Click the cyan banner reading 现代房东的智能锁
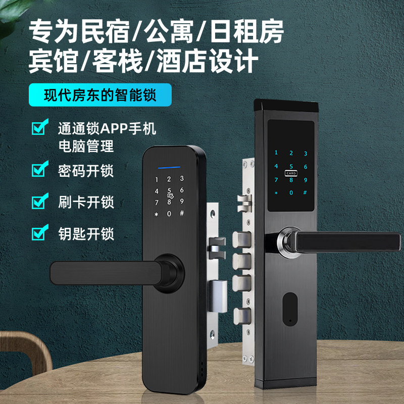coord(100,95)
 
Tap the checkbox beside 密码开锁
coord(40,170)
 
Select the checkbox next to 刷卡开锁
coord(40,201)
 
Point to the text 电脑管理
coord(86,146)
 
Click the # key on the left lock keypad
coord(182,213)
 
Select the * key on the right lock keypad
coord(276,192)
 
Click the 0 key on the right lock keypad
coord(291,192)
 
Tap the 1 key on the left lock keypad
coord(157,179)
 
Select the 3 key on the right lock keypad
coord(306,154)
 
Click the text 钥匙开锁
coord(86,233)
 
